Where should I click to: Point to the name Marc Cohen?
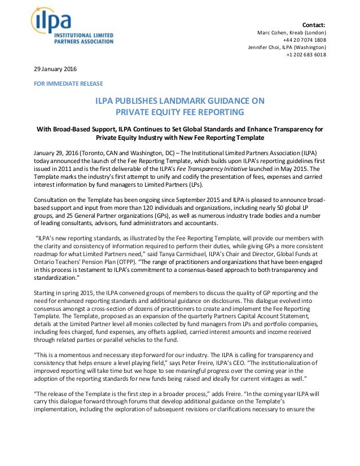click(x=271, y=32)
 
